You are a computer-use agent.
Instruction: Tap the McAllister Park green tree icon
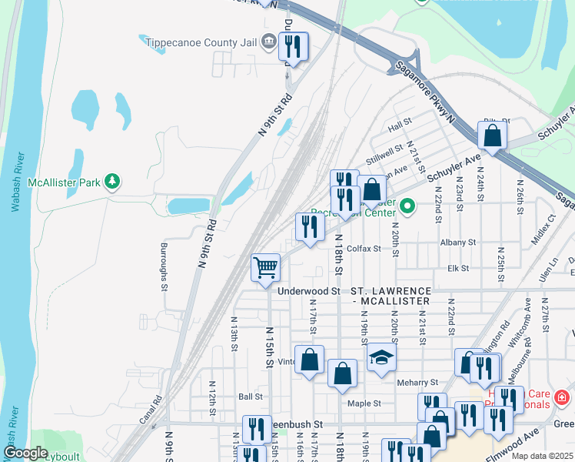[113, 182]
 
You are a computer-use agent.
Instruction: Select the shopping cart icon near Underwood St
[266, 269]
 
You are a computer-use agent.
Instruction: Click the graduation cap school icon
[380, 357]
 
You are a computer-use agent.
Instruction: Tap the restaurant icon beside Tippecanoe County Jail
[293, 47]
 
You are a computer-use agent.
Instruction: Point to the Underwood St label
[308, 291]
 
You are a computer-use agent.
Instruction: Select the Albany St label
[458, 242]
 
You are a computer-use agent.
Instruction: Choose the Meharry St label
[417, 382]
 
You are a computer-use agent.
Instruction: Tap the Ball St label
[251, 397]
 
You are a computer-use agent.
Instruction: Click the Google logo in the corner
[25, 453]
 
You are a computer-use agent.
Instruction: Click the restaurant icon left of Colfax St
[309, 227]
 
